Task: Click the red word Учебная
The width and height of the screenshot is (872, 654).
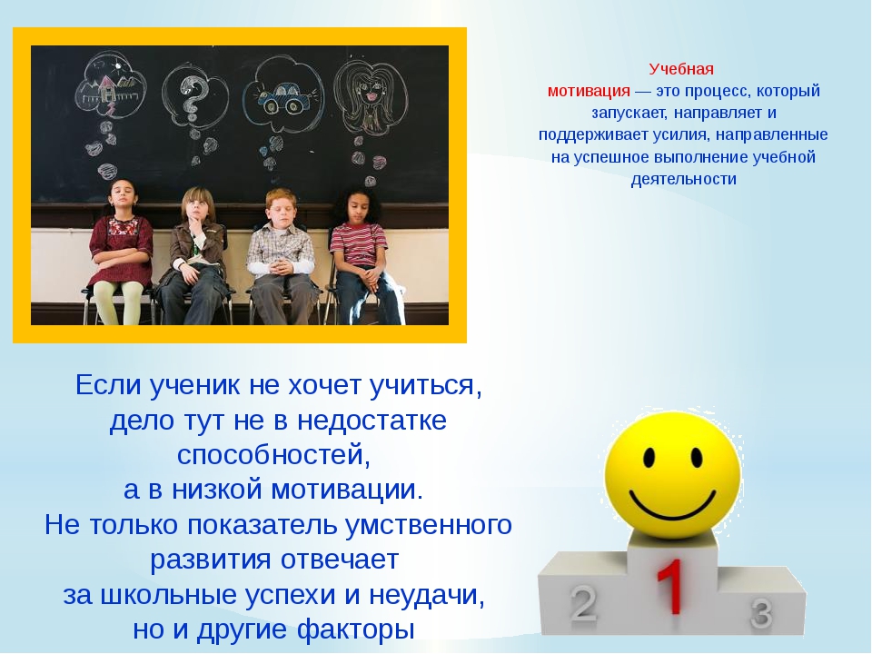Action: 680,70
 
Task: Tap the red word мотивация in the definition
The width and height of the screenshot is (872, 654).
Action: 589,91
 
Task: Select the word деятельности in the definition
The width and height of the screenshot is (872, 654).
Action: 683,179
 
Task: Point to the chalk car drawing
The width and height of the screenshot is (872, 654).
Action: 283,98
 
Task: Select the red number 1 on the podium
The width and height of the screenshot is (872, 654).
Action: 671,587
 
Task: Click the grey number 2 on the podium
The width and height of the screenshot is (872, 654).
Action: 582,603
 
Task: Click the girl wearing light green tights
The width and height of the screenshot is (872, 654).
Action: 119,251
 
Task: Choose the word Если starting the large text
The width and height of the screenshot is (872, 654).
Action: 108,385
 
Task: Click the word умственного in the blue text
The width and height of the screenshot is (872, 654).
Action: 428,525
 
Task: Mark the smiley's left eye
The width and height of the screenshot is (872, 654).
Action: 649,457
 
